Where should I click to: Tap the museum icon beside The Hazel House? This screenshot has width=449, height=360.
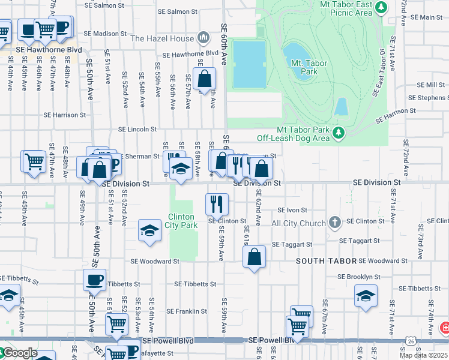(x=203, y=38)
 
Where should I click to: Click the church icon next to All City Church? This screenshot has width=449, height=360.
(x=335, y=223)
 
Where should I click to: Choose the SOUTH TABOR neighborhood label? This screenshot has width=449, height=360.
(x=325, y=261)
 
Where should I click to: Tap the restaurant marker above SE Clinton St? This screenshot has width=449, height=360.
(x=217, y=203)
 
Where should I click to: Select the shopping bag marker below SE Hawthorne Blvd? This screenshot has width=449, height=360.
(x=204, y=78)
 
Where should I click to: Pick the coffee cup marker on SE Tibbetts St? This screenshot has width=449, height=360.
(x=94, y=280)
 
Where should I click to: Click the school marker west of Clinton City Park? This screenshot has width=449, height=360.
(x=149, y=230)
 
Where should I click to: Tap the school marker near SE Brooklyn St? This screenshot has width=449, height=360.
(x=365, y=296)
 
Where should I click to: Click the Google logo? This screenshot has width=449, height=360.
(x=19, y=353)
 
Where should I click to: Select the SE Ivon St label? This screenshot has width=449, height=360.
(x=292, y=211)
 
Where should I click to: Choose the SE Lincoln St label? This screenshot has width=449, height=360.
(x=137, y=129)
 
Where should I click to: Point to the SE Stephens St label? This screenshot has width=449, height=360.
(x=424, y=98)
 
